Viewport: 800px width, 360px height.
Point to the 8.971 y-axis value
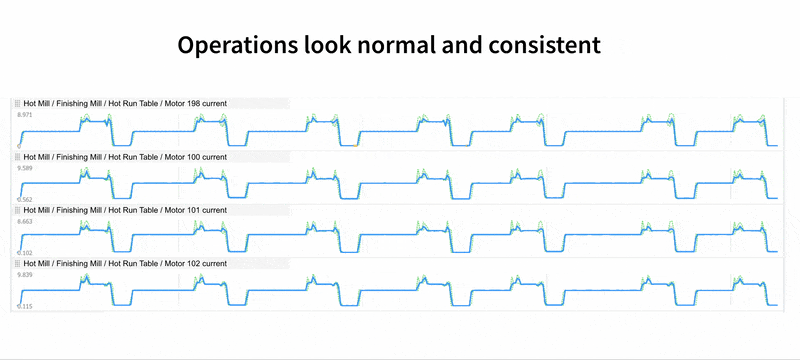point(25,116)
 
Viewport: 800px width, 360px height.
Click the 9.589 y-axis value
point(25,169)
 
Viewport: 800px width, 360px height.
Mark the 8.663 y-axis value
point(25,221)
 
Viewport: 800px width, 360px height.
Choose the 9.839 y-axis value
point(25,274)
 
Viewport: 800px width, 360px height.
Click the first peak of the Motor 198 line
point(86,117)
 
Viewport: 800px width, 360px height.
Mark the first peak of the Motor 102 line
point(86,278)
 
